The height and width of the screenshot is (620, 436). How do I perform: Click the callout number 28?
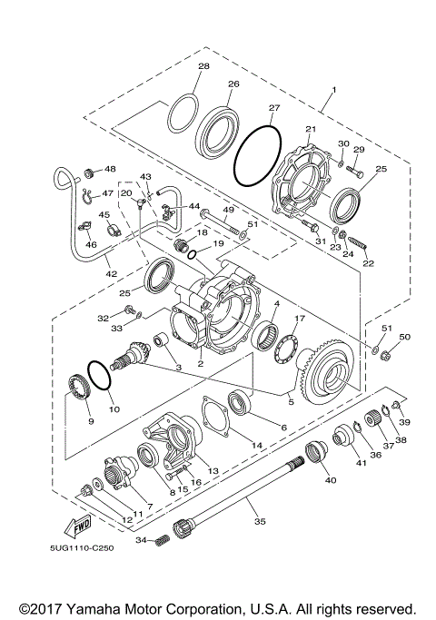203,67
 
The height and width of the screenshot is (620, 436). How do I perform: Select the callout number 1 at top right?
333,89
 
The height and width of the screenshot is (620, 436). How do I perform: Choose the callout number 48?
111,169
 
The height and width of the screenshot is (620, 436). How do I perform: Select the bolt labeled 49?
223,221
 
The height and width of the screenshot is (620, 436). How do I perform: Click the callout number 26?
233,84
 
